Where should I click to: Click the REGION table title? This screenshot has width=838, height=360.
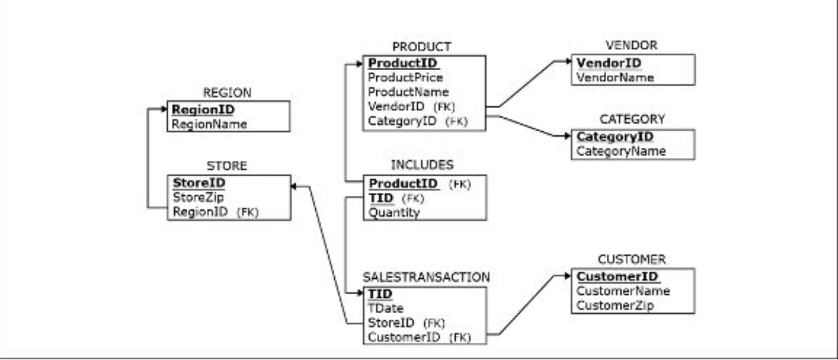[227, 93]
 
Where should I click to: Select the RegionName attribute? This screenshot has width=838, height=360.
[209, 124]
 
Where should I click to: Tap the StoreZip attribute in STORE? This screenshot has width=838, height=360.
[198, 198]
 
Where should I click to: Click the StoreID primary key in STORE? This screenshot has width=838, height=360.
[198, 183]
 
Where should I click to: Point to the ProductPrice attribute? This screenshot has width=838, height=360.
[406, 77]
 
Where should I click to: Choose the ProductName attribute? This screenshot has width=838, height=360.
[408, 92]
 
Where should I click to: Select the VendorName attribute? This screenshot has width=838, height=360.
[615, 77]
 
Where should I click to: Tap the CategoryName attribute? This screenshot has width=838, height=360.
[621, 151]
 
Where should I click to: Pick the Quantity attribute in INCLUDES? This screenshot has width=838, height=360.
[394, 212]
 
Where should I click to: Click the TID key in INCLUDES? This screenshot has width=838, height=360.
[381, 198]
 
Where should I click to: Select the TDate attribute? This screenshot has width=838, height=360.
[385, 309]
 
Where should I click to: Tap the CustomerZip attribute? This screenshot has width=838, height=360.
[615, 306]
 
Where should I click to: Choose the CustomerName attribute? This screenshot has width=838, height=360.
[623, 291]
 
